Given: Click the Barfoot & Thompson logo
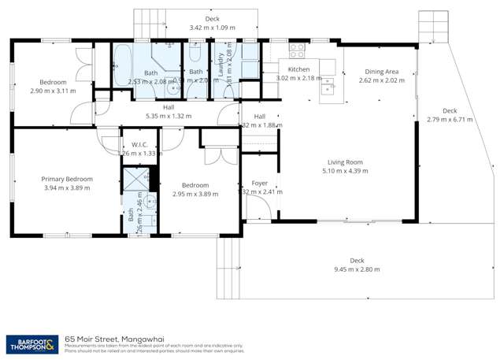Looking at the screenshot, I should [x=31, y=343].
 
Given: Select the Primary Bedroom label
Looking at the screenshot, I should [x=66, y=180].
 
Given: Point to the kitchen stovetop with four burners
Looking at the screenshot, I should [x=297, y=51].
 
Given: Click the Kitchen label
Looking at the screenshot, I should [x=298, y=70].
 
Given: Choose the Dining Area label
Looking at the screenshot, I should [x=382, y=70].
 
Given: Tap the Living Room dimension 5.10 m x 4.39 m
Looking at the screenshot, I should [x=345, y=171].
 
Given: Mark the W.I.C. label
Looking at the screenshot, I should [x=141, y=144].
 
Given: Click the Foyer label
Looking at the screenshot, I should [x=260, y=183].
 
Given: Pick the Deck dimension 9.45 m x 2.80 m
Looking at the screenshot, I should [x=357, y=269].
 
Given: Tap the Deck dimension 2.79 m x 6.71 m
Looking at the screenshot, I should [x=450, y=120].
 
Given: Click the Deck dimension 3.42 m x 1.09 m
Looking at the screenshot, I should [x=212, y=28].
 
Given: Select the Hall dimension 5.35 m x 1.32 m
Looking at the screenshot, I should [x=169, y=116].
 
